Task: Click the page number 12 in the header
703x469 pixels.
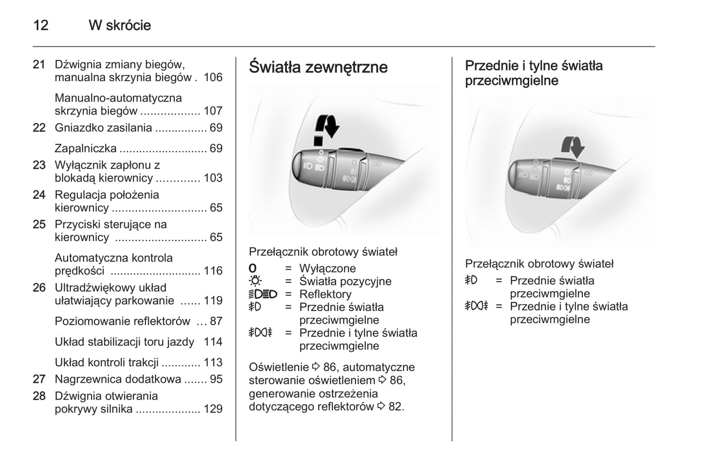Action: tap(41, 25)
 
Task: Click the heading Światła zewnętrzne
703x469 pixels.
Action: tap(318, 67)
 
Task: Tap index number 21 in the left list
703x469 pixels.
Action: tap(39, 65)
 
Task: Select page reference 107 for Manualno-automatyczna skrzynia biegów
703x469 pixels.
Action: tap(213, 111)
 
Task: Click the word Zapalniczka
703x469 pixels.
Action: tap(86, 148)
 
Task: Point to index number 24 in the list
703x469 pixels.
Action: tap(39, 195)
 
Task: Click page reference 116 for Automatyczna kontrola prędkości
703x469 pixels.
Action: tap(213, 271)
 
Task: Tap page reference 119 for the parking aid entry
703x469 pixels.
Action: tap(213, 301)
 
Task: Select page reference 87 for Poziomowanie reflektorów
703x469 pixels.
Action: tap(216, 321)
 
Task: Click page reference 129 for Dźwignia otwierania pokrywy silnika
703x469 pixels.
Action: tap(213, 409)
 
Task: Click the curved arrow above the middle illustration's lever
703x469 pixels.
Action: tap(327, 125)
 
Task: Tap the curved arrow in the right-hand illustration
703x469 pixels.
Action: tap(573, 146)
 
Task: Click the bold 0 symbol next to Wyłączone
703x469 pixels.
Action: tap(252, 268)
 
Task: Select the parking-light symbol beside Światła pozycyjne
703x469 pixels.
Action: tap(255, 281)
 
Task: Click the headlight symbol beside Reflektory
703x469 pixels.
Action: tap(263, 294)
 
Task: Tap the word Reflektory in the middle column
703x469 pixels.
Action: tap(325, 295)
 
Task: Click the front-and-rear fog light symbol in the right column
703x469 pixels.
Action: tap(476, 306)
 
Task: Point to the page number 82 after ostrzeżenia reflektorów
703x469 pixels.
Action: tap(395, 407)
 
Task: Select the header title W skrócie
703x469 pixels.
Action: tap(120, 25)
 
